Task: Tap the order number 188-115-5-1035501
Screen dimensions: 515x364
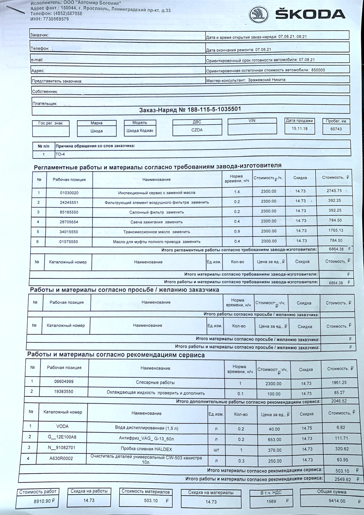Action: pyautogui.click(x=210, y=109)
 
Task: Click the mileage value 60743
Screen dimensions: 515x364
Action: pyautogui.click(x=336, y=129)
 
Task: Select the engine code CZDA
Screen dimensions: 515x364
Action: pyautogui.click(x=197, y=130)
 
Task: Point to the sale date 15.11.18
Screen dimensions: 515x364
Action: pyautogui.click(x=300, y=128)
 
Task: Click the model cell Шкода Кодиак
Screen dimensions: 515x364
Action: pyautogui.click(x=140, y=131)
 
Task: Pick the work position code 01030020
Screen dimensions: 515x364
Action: pyautogui.click(x=69, y=193)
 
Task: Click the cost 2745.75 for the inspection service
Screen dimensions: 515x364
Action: pyautogui.click(x=334, y=191)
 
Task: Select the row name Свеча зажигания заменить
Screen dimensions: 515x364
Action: pyautogui.click(x=157, y=222)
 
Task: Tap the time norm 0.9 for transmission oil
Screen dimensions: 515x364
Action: pyautogui.click(x=237, y=231)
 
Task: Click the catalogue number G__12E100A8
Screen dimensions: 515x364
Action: pyautogui.click(x=62, y=437)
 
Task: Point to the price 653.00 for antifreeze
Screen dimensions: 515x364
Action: pyautogui.click(x=275, y=440)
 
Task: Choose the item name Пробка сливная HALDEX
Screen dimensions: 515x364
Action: pyautogui.click(x=146, y=449)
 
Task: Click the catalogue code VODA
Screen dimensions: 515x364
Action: pyautogui.click(x=62, y=426)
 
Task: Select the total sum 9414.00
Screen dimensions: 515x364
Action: pyautogui.click(x=337, y=501)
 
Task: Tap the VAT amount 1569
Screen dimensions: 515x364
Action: pyautogui.click(x=271, y=501)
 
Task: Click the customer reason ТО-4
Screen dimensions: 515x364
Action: pyautogui.click(x=60, y=154)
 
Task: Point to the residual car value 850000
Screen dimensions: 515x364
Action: pyautogui.click(x=318, y=70)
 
